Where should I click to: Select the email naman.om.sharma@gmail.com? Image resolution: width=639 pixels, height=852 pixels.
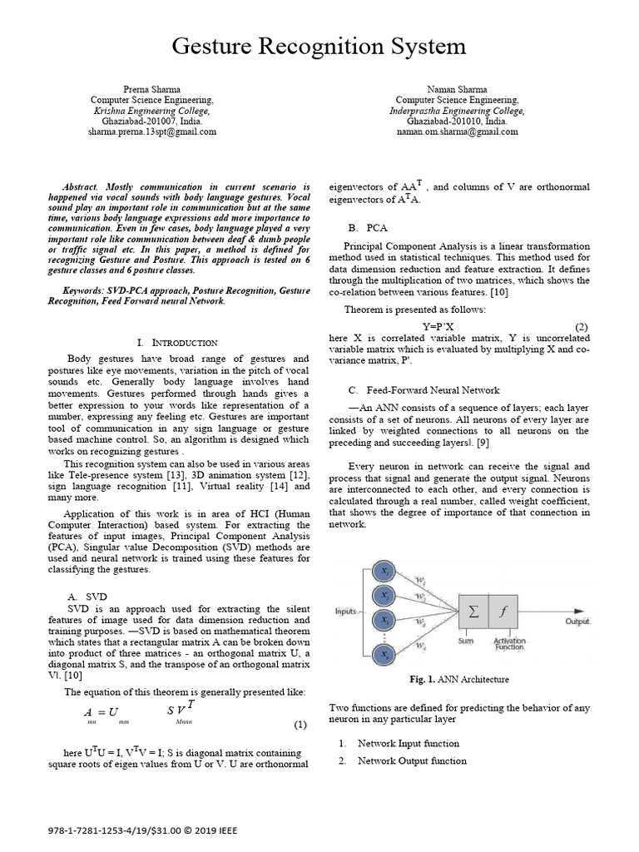(457, 131)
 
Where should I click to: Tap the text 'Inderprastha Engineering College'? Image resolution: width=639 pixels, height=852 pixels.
(457, 110)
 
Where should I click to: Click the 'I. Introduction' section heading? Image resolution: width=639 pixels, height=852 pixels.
(176, 342)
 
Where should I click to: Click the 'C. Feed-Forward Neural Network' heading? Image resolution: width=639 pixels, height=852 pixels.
(424, 389)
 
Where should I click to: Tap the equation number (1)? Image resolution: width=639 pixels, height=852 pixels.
(300, 725)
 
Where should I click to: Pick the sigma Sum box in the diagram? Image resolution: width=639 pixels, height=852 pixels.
(474, 612)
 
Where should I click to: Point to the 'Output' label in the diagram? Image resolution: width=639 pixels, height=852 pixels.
(577, 622)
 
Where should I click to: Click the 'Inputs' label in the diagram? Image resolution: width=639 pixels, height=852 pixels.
(346, 612)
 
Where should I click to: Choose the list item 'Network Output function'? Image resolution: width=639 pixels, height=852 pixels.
(408, 760)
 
